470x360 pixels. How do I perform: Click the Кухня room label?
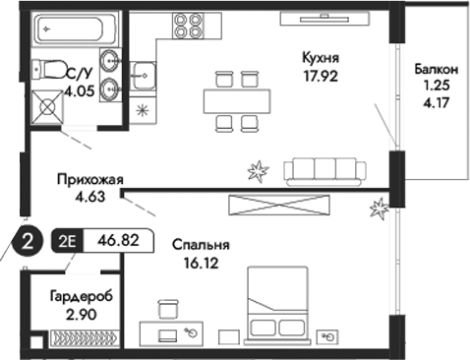tap(321, 59)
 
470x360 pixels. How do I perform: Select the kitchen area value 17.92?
tap(321, 75)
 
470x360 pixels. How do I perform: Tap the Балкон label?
tap(435, 71)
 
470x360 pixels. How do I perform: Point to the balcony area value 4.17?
tap(434, 99)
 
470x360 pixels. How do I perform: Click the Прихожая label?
tap(88, 179)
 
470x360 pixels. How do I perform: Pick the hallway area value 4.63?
tap(88, 195)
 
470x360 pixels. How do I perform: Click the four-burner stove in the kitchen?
tap(188, 25)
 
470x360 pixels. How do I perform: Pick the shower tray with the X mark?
tap(46, 104)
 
